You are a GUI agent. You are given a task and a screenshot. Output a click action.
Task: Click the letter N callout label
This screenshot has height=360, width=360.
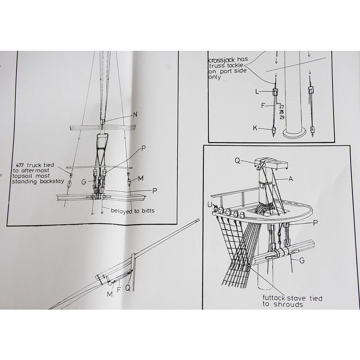click(x=135, y=115)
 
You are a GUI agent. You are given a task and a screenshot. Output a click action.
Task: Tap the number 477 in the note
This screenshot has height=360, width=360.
click(x=20, y=165)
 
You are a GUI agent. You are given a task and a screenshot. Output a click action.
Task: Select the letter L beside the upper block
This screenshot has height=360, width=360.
click(x=257, y=92)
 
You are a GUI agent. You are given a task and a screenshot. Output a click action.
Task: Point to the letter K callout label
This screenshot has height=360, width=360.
click(x=255, y=128)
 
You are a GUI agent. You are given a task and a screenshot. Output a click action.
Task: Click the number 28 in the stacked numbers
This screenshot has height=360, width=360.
click(x=282, y=112)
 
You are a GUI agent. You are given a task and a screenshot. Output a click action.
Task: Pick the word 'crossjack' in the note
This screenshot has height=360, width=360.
click(x=221, y=60)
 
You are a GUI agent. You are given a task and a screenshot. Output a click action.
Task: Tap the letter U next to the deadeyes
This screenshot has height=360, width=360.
click(x=210, y=204)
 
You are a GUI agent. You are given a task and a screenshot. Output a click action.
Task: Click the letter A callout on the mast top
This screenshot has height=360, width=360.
click(x=291, y=179)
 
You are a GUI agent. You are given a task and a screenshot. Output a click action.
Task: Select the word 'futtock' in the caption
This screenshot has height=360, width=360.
click(x=274, y=298)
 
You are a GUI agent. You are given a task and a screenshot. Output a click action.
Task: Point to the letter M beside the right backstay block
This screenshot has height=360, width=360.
click(x=140, y=178)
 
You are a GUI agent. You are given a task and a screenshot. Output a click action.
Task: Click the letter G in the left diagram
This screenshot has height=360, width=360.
click(x=84, y=182)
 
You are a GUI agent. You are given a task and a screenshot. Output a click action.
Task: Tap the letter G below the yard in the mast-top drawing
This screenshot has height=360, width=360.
click(x=302, y=261)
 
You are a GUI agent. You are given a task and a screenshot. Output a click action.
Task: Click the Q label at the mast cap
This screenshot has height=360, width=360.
click(x=238, y=161)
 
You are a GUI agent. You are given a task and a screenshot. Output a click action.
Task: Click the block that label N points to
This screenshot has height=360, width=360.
click(x=103, y=121)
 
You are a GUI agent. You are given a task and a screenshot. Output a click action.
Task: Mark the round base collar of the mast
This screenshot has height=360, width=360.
click(x=294, y=133)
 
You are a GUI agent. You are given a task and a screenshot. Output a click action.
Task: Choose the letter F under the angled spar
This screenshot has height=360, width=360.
click(x=118, y=290)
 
